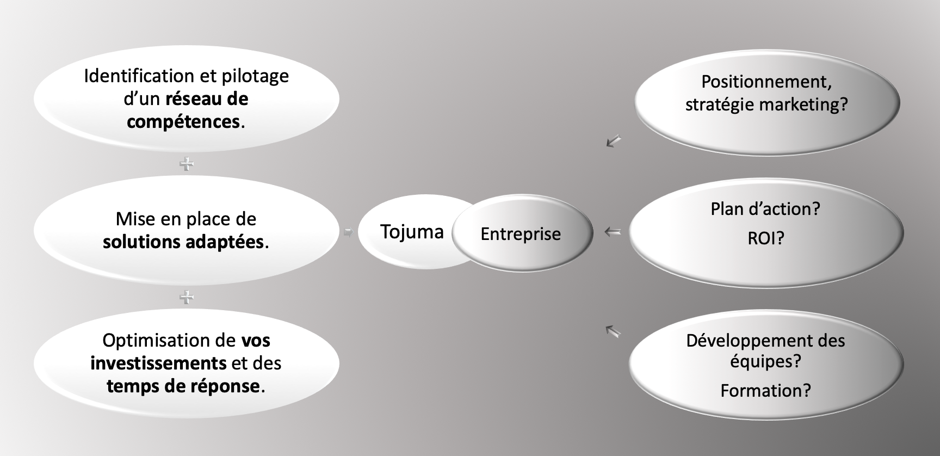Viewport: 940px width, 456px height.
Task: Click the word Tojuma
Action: (412, 232)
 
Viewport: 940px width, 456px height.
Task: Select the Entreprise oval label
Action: (521, 234)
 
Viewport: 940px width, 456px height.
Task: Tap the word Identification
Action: (139, 76)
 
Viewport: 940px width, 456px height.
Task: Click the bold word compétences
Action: (183, 121)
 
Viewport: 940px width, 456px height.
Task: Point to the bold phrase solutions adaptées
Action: (183, 242)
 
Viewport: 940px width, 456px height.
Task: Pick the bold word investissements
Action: (158, 363)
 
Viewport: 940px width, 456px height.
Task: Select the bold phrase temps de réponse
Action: (183, 386)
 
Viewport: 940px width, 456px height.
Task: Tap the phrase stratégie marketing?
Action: (766, 104)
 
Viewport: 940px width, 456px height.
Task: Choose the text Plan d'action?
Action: (765, 209)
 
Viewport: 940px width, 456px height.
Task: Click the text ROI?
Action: (765, 238)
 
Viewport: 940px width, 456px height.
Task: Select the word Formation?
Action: (765, 391)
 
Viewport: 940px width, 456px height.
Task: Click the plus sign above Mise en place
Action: (187, 164)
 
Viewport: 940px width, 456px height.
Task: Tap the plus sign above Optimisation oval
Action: (187, 297)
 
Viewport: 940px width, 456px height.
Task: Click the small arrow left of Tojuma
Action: (348, 232)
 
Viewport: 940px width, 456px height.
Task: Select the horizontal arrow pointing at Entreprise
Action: (613, 232)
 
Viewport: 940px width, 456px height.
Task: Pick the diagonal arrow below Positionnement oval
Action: (614, 141)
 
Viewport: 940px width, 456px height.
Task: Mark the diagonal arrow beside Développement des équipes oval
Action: (613, 331)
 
